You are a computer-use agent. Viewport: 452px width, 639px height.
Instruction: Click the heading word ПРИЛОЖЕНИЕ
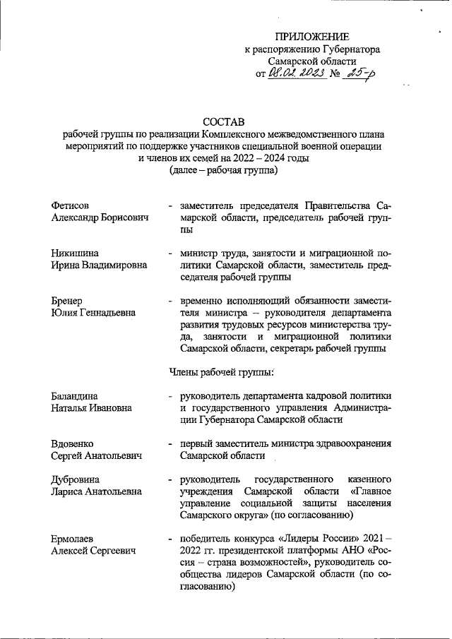(312, 37)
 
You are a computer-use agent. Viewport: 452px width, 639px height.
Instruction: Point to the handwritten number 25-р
(358, 73)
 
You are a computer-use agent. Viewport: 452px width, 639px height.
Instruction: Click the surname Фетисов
(71, 205)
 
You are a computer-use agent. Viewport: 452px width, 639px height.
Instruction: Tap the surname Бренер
(68, 299)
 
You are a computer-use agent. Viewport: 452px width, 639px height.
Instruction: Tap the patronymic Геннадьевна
(107, 312)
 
